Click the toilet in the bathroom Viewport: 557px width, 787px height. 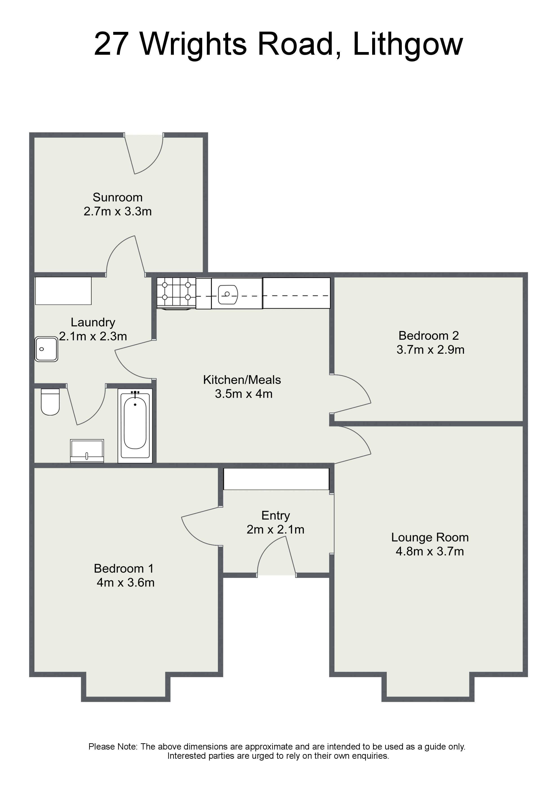coord(50,402)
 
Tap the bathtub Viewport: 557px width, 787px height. coord(135,426)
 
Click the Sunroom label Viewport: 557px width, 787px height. coord(117,197)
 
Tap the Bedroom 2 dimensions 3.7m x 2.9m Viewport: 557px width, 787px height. coord(430,350)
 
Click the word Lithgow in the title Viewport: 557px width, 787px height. coord(408,45)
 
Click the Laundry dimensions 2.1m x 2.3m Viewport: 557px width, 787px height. coord(93,336)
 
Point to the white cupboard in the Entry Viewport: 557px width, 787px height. coord(276,479)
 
